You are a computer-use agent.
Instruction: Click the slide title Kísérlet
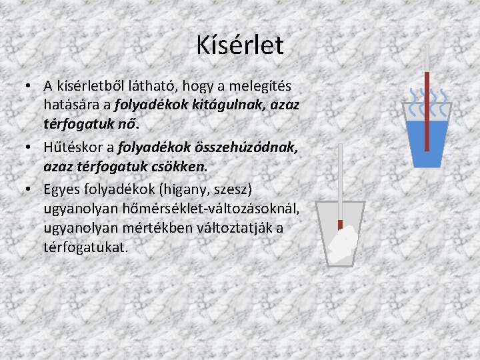pyautogui.click(x=240, y=45)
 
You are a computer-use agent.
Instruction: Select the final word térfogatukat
pyautogui.click(x=85, y=247)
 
